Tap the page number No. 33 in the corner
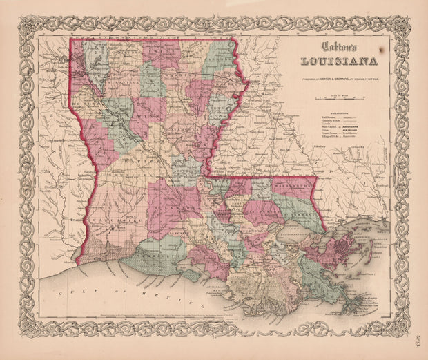click(418, 339)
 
